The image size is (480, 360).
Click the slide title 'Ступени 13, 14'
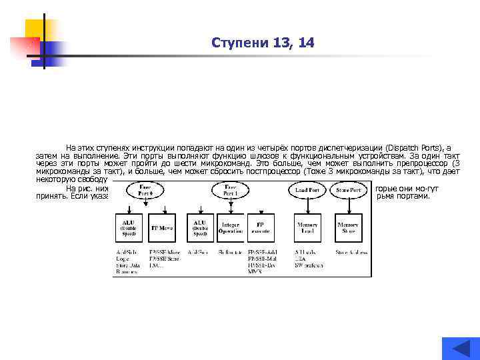[262, 43]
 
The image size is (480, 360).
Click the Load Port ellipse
[307, 190]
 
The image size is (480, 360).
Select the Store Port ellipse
[348, 190]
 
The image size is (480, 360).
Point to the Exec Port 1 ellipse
[231, 189]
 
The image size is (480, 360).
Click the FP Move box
[163, 227]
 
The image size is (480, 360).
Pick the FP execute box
[261, 227]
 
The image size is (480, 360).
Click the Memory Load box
[307, 227]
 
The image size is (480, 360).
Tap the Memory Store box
[348, 227]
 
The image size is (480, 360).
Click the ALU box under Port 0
[128, 227]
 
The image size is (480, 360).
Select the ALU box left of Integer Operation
[199, 227]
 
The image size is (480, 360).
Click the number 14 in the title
[306, 43]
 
